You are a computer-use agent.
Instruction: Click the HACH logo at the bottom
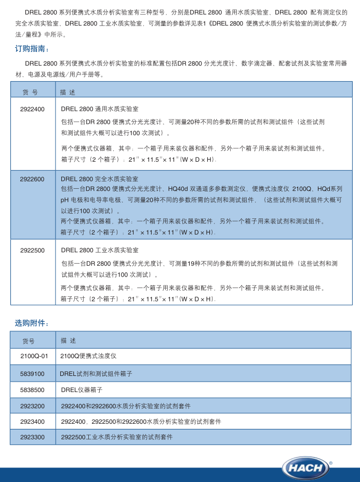(306, 467)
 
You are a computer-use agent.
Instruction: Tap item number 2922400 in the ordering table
(32, 109)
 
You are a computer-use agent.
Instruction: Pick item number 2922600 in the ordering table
(32, 179)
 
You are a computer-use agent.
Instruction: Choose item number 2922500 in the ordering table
(32, 250)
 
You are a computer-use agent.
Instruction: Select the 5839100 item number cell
(32, 374)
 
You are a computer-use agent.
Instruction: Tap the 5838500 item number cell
(32, 389)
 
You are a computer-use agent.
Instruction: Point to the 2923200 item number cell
(32, 406)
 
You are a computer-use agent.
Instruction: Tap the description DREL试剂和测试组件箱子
(96, 374)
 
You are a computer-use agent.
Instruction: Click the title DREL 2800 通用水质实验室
(99, 109)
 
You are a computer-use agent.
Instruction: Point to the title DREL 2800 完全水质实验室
(99, 179)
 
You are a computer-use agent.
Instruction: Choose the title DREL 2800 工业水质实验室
(99, 250)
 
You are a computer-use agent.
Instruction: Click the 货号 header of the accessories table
(29, 341)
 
